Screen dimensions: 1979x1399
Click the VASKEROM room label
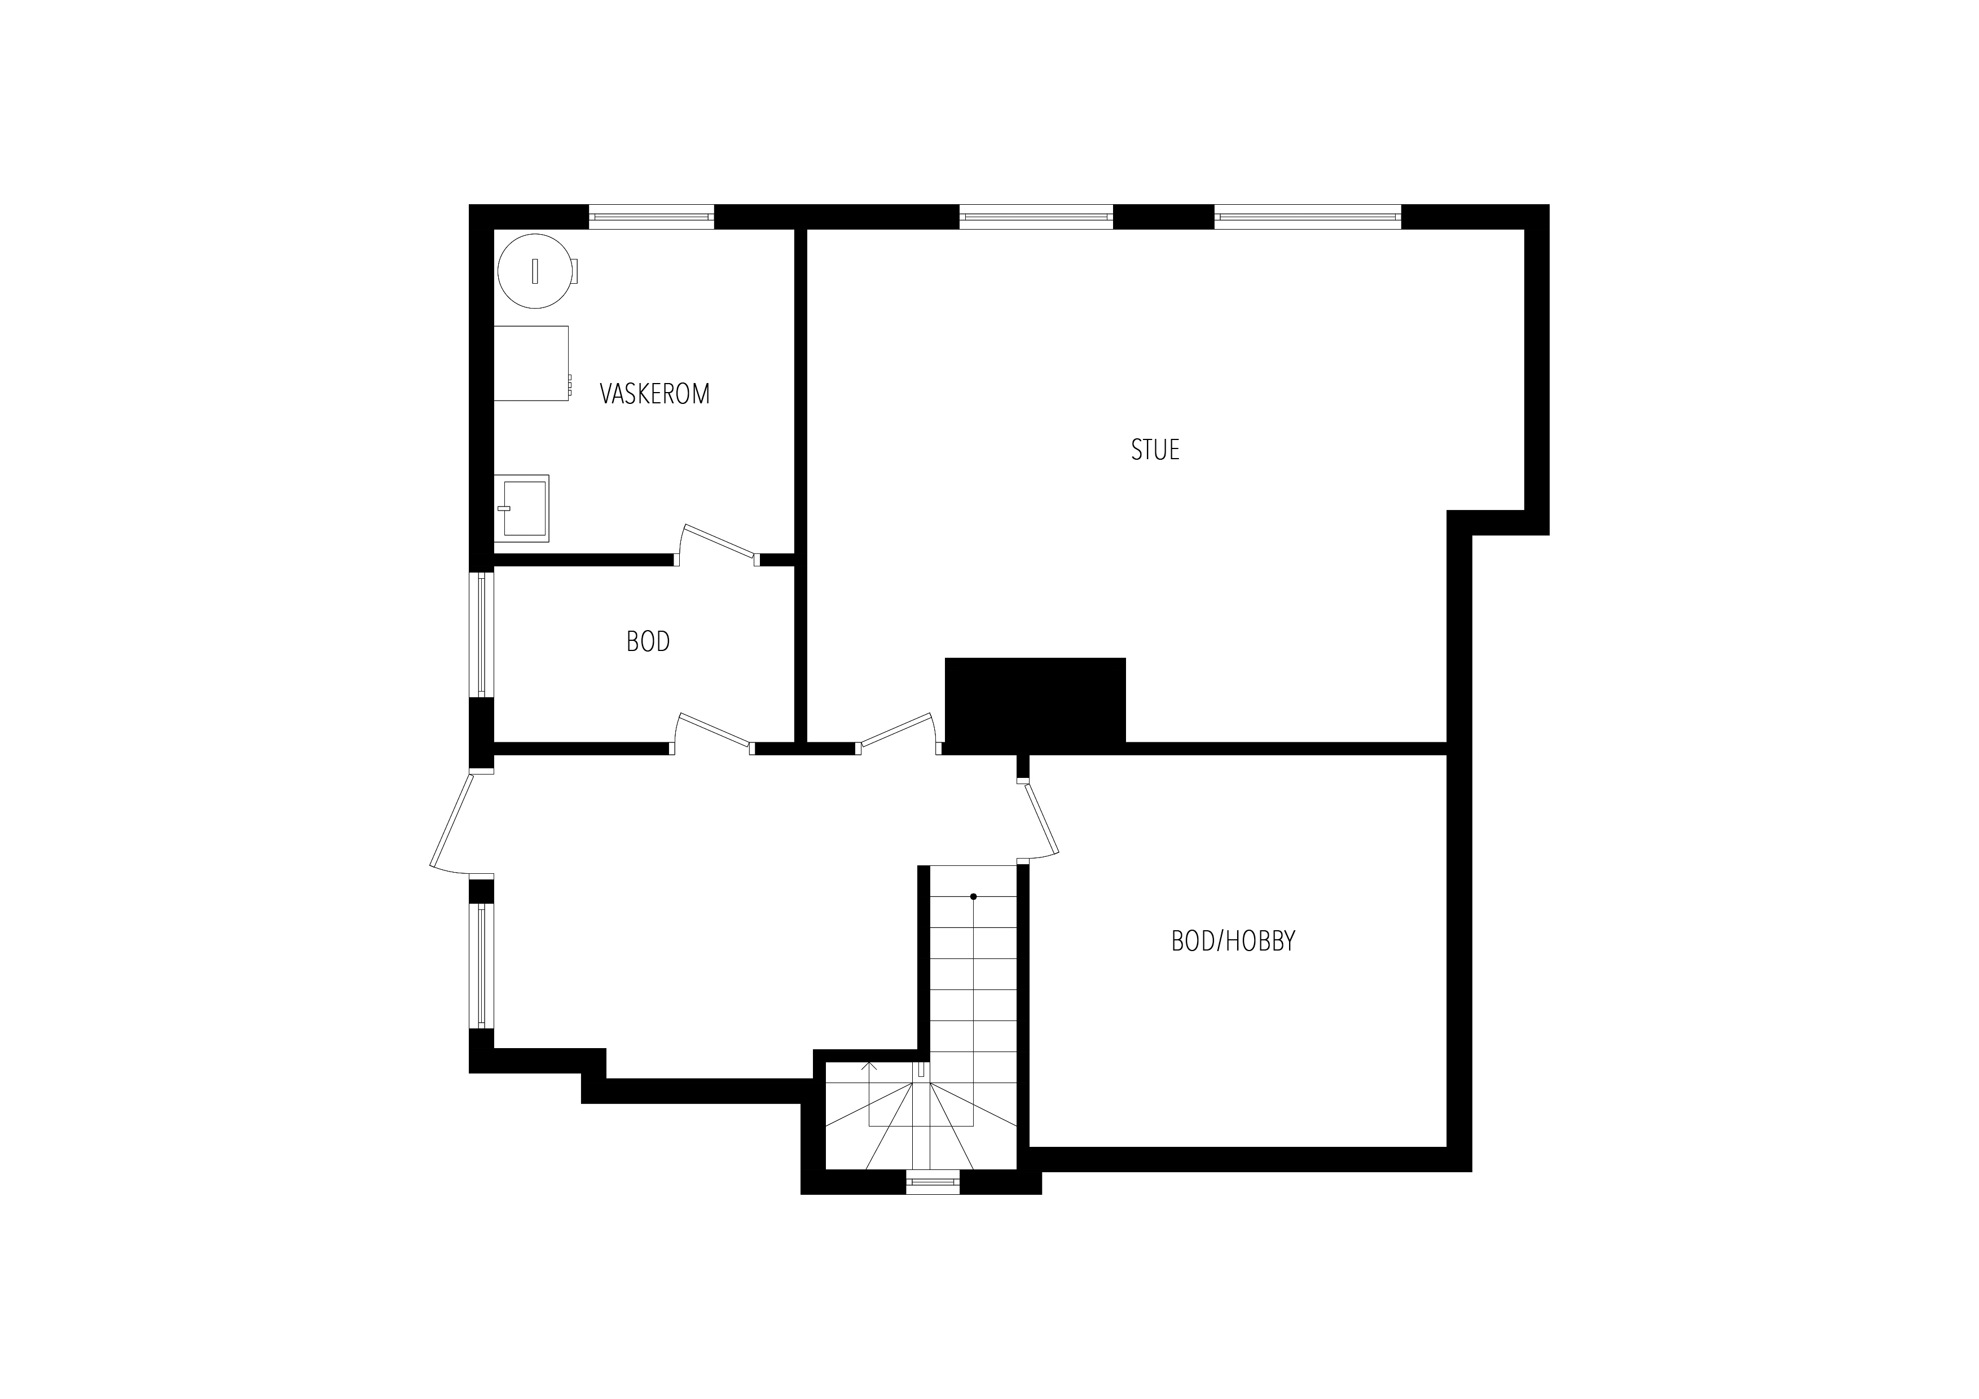(x=654, y=394)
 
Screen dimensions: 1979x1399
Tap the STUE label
(x=1155, y=450)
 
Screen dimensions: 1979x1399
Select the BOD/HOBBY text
(x=1233, y=942)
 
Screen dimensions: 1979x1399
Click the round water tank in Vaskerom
(x=535, y=271)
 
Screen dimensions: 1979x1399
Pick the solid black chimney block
(x=1035, y=700)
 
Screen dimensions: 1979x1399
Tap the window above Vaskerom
(x=652, y=217)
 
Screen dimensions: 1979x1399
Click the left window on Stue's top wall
(x=1036, y=217)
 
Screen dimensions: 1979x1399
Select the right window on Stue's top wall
(x=1308, y=217)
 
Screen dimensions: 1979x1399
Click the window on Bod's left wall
(x=482, y=635)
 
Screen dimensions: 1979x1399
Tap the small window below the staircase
(x=933, y=1182)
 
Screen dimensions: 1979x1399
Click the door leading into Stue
(x=896, y=733)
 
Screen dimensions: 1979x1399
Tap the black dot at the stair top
(x=973, y=896)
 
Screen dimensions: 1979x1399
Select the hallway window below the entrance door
(x=482, y=965)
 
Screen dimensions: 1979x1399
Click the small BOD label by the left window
(x=648, y=641)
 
